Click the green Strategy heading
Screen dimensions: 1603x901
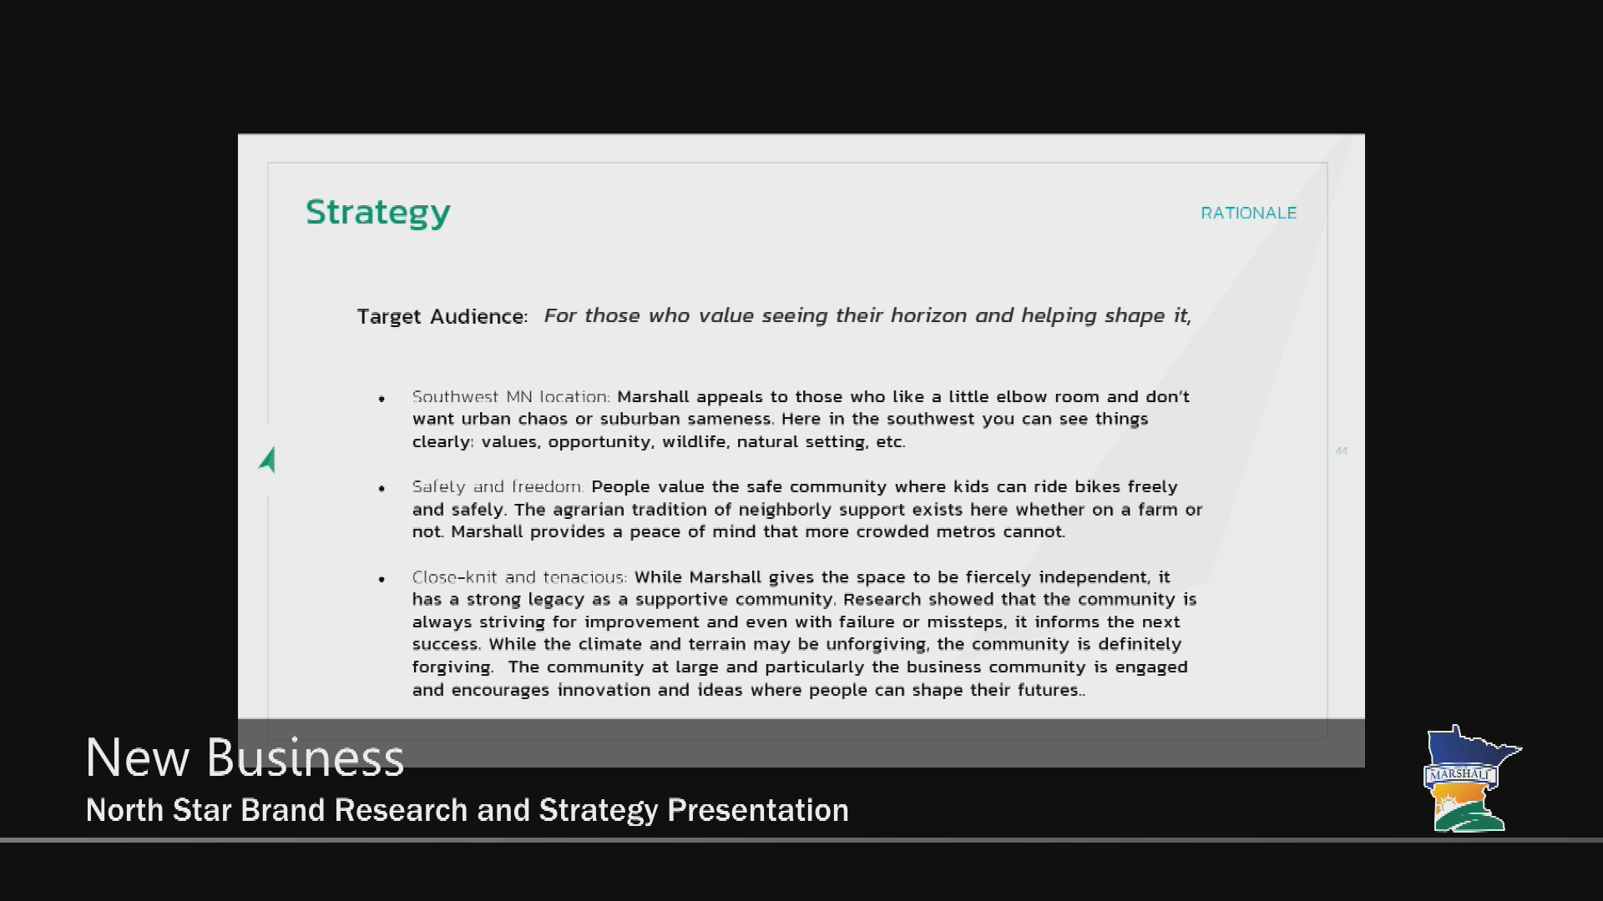tap(377, 213)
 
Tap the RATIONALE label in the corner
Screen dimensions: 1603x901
tap(1248, 213)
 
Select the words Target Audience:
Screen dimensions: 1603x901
tap(442, 317)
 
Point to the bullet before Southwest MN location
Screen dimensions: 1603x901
tap(382, 399)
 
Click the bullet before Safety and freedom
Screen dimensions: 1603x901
tap(382, 489)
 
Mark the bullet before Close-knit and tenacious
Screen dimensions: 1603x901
tap(382, 579)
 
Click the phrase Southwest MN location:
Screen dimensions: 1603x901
tap(511, 397)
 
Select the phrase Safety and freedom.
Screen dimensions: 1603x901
tap(498, 486)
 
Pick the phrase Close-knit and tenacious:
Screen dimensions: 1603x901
tap(519, 577)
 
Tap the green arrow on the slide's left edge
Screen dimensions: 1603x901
tap(267, 460)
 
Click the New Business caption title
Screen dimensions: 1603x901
tap(245, 758)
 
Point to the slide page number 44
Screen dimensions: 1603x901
tap(1342, 451)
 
